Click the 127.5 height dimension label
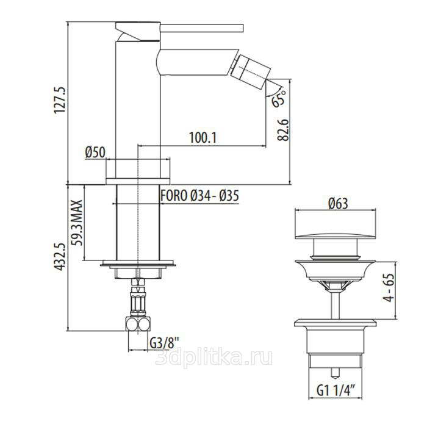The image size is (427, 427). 60,100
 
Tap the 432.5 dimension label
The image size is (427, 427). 60,257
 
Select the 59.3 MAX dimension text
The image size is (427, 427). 77,223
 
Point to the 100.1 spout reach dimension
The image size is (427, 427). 203,137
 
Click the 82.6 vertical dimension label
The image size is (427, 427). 282,129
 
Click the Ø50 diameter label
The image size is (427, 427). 95,152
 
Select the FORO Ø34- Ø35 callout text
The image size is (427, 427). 199,196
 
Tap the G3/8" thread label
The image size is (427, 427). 164,343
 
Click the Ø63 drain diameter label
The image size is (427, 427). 338,203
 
